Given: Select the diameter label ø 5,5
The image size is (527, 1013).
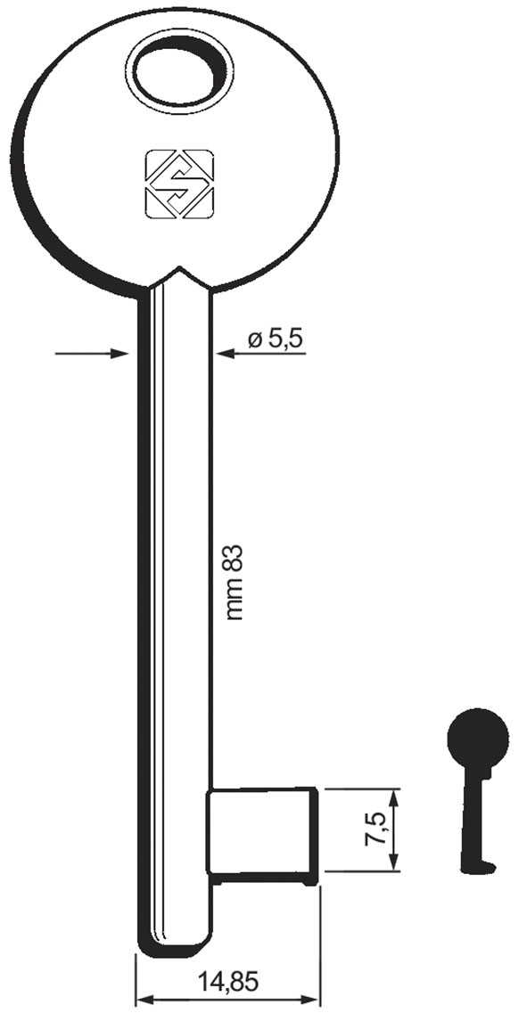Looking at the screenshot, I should click(276, 339).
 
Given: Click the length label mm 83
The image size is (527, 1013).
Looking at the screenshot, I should click(235, 584).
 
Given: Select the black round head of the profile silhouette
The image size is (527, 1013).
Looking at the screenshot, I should click(477, 738).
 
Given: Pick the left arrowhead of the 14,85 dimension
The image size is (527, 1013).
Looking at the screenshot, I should click(142, 998).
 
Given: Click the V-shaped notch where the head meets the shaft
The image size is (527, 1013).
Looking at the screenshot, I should click(180, 271).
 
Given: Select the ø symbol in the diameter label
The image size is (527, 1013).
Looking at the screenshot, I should click(254, 339).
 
